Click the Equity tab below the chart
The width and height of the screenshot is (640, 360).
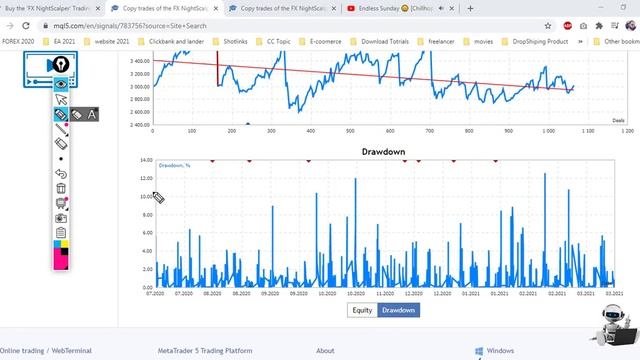point(362,310)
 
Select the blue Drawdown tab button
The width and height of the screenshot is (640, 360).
point(399,310)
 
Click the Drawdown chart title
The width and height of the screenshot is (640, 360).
point(383,152)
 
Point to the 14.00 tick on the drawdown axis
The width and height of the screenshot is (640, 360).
point(145,160)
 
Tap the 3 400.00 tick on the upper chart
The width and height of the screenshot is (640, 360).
point(139,61)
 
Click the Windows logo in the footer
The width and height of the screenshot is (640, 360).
point(478,351)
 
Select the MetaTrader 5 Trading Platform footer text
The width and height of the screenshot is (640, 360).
point(205,351)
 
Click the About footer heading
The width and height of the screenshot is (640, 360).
point(325,351)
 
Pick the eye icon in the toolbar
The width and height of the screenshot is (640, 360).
point(61,84)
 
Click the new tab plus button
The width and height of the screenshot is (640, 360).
point(471,9)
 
